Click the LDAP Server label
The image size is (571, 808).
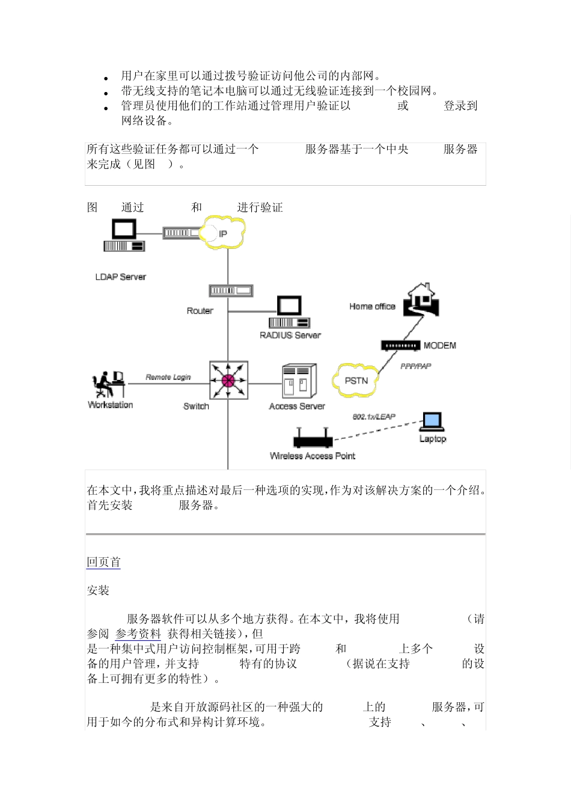tap(120, 277)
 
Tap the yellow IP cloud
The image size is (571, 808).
tap(222, 233)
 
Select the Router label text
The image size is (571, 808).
tap(200, 311)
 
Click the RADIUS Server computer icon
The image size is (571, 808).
tap(289, 312)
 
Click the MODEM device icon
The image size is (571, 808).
tap(400, 346)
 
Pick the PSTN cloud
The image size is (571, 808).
tap(356, 381)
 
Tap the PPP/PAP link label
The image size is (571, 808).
tap(416, 366)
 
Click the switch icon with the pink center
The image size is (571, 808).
tap(228, 380)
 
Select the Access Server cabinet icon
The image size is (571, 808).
tap(299, 381)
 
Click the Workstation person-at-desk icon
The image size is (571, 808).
tap(108, 384)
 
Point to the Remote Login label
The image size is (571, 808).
tap(168, 377)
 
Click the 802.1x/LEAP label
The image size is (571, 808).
tap(374, 416)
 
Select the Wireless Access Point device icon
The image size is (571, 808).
tap(313, 438)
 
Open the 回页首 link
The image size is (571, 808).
tap(103, 562)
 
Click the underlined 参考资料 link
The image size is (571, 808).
tap(138, 634)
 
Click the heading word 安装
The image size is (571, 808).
tap(98, 590)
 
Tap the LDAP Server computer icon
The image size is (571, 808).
tap(124, 236)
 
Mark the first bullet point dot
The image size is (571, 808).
tap(106, 78)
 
